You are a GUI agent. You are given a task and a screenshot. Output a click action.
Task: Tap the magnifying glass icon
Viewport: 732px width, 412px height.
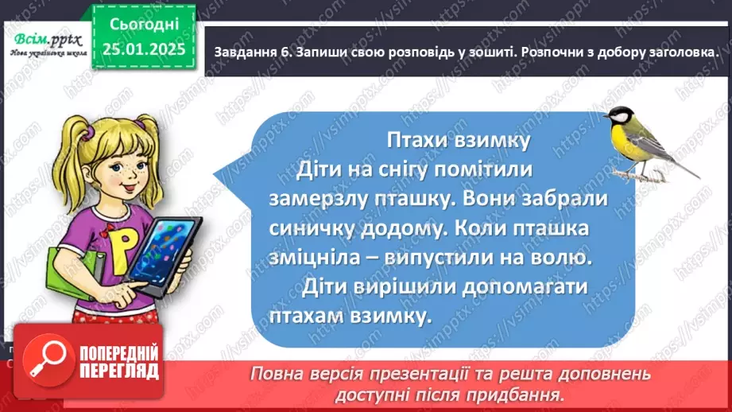46,361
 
